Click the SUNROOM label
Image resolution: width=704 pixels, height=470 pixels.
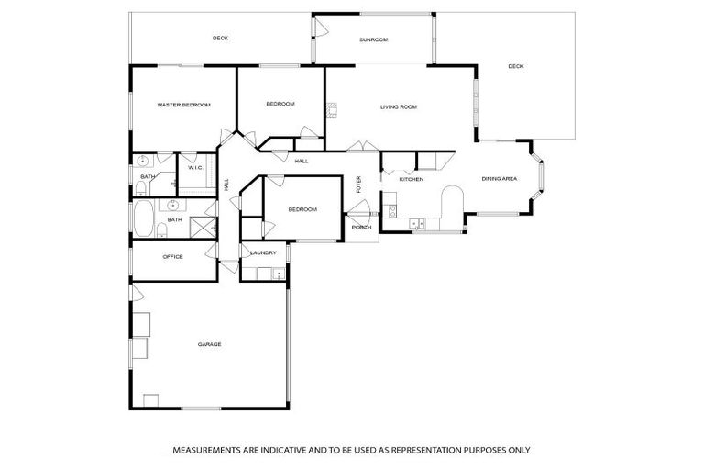(373, 39)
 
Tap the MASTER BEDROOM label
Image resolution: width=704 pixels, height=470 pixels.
(183, 105)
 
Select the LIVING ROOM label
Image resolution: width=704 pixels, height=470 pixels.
(399, 107)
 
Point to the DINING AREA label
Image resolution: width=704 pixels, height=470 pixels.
(500, 179)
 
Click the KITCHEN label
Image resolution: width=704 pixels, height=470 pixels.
(411, 179)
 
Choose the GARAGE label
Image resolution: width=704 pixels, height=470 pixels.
(209, 344)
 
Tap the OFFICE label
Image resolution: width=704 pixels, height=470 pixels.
(172, 257)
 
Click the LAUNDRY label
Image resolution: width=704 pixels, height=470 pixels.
(263, 252)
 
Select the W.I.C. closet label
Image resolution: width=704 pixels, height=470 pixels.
(195, 168)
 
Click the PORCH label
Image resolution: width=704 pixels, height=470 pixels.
(361, 227)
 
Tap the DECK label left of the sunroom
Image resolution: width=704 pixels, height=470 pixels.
(220, 38)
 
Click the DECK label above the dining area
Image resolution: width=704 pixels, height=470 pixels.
(515, 66)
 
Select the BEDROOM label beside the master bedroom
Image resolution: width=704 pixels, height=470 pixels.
(280, 104)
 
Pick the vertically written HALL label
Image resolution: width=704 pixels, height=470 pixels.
(227, 185)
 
